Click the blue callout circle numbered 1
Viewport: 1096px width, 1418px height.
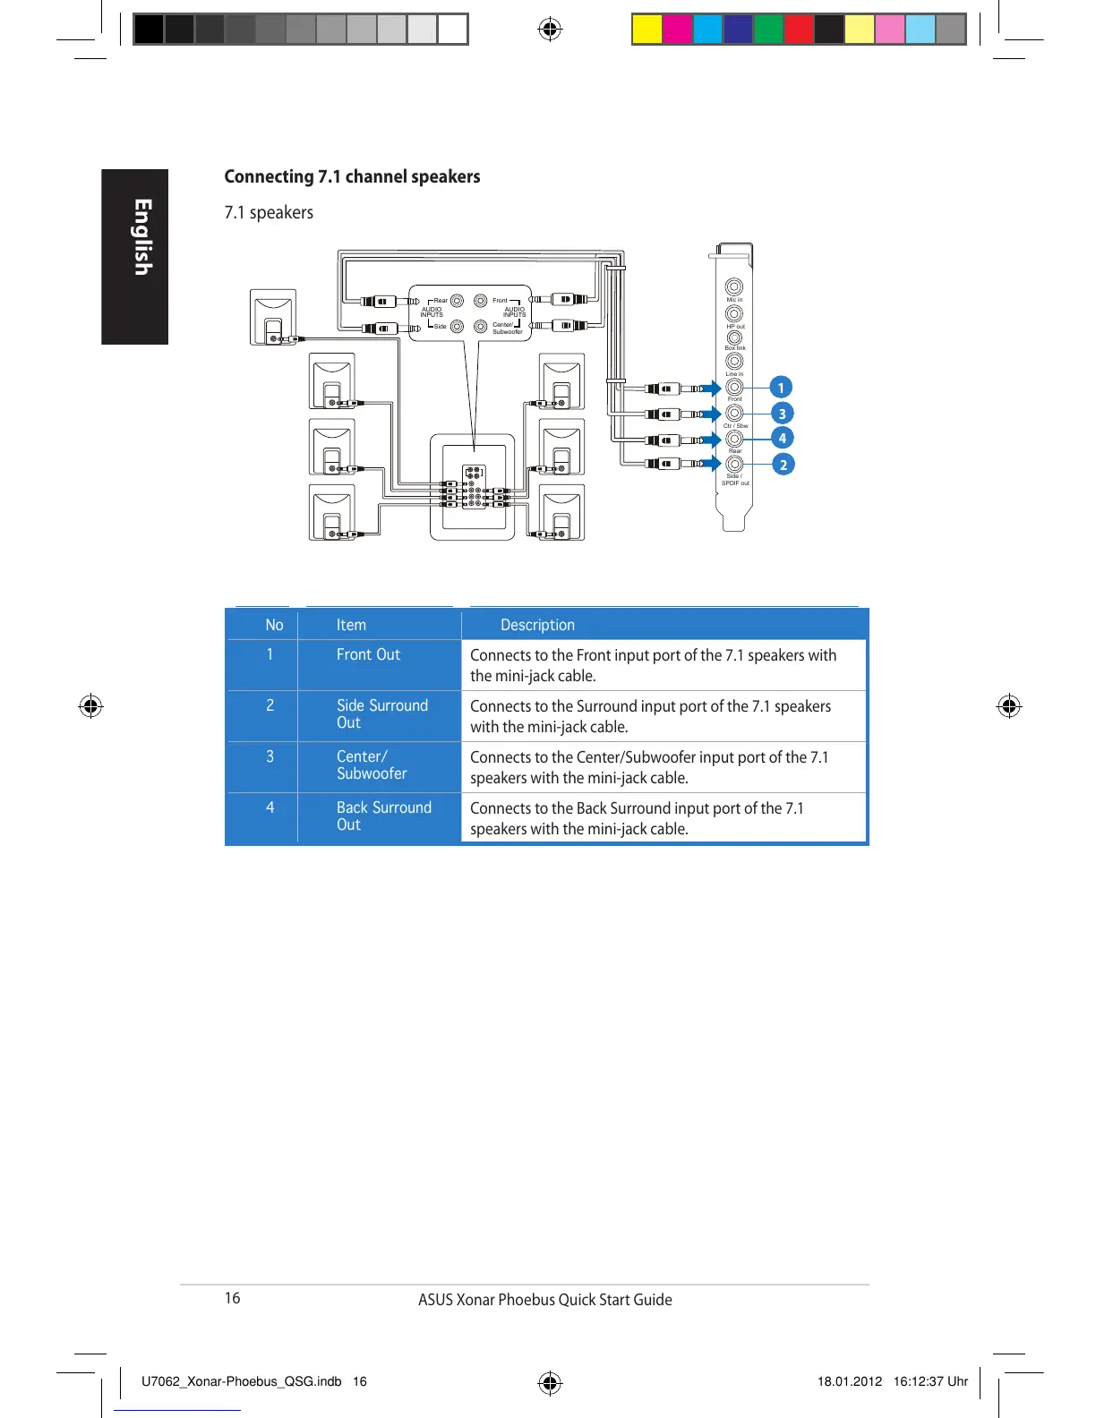pyautogui.click(x=781, y=388)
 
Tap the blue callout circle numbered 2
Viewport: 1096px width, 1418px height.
pyautogui.click(x=783, y=465)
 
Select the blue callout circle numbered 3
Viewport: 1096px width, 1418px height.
pyautogui.click(x=782, y=414)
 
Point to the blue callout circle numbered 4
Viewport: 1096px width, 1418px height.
pyautogui.click(x=782, y=438)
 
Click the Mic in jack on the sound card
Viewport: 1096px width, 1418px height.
pyautogui.click(x=733, y=287)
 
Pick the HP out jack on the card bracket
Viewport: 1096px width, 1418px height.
pyautogui.click(x=734, y=313)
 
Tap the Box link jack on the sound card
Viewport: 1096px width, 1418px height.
pyautogui.click(x=734, y=337)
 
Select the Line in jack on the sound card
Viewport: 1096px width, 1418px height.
pyautogui.click(x=734, y=362)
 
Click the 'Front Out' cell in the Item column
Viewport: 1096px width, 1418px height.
pyautogui.click(x=368, y=654)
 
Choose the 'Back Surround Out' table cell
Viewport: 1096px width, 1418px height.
pyautogui.click(x=383, y=816)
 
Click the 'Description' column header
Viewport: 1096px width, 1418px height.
pyautogui.click(x=537, y=625)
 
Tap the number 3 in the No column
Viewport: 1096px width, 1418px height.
pyautogui.click(x=270, y=756)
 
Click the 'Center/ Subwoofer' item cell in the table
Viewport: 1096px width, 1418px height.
pyautogui.click(x=372, y=765)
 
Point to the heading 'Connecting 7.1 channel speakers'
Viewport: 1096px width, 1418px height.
pyautogui.click(x=352, y=176)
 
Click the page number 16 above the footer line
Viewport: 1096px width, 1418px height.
pyautogui.click(x=232, y=1298)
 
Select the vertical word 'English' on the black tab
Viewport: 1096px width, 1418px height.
pyautogui.click(x=142, y=237)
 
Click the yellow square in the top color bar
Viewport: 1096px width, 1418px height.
pyautogui.click(x=646, y=30)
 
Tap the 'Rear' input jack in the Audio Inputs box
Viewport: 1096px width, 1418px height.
pyautogui.click(x=458, y=301)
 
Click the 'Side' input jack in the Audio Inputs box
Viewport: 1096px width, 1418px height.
pyautogui.click(x=458, y=326)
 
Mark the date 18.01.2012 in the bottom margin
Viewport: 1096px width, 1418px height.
pyautogui.click(x=850, y=1381)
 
